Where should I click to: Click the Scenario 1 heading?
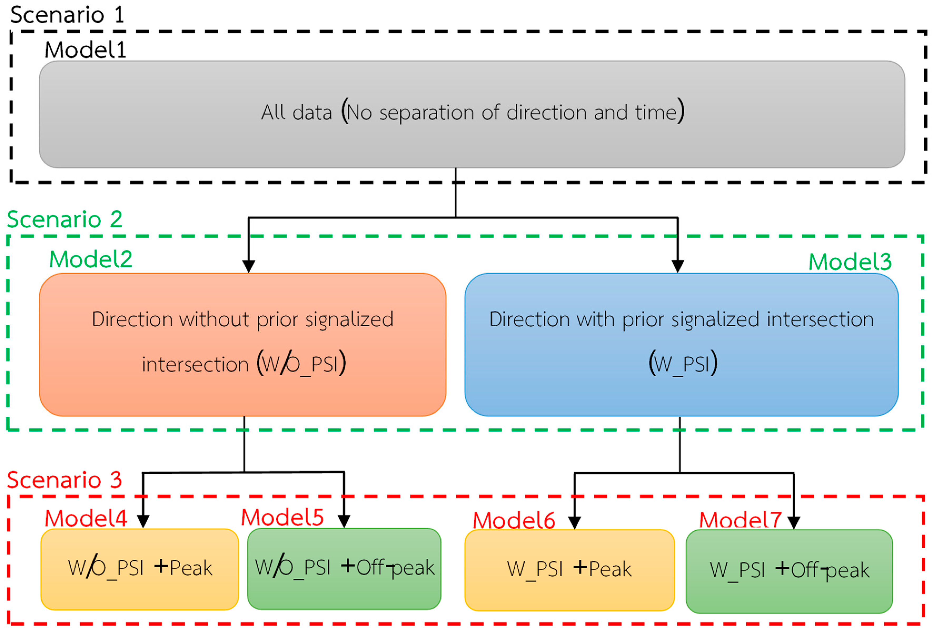(67, 15)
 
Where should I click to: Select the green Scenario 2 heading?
(64, 219)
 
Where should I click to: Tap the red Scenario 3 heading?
(64, 480)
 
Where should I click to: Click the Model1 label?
(85, 51)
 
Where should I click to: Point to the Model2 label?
(91, 259)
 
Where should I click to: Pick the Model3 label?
(850, 262)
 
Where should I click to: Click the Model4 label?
(86, 518)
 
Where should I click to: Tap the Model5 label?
(282, 517)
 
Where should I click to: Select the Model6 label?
(514, 521)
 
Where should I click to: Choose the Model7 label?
(740, 520)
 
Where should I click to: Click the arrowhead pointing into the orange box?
(249, 266)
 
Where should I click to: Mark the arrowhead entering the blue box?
(678, 266)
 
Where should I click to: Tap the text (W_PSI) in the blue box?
(683, 363)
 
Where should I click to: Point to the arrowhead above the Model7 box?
(794, 523)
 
